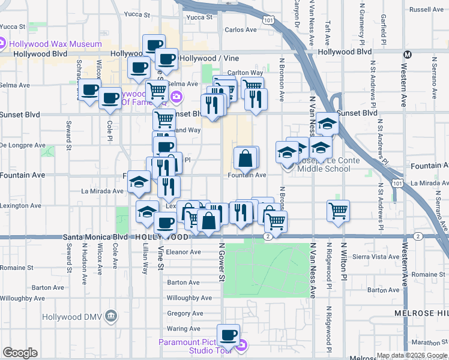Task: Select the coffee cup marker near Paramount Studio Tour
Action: coord(228,335)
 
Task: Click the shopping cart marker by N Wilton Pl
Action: coord(339,211)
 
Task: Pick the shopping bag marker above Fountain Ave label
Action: coord(246,159)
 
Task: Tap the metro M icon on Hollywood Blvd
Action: coord(408,54)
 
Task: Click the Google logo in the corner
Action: coord(20,353)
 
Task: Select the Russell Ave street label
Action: coord(426,10)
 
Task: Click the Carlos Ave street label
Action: coord(240,29)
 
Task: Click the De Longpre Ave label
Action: coord(23,145)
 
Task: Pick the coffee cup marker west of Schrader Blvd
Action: coord(89,91)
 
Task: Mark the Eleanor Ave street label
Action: coord(184,252)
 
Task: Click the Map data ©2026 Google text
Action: coord(412,355)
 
